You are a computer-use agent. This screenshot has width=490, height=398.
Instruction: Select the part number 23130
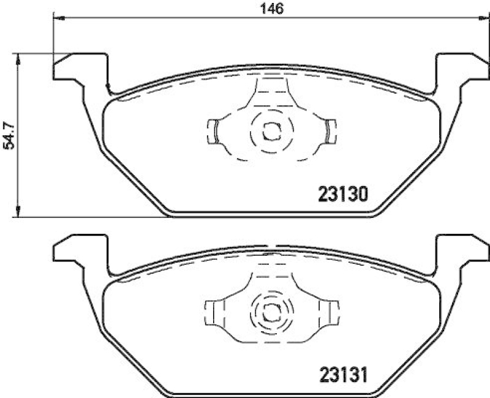342,195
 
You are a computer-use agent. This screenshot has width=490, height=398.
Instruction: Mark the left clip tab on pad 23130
214,130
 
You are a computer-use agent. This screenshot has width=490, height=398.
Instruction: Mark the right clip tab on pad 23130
330,130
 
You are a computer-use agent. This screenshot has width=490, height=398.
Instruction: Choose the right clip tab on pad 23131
331,311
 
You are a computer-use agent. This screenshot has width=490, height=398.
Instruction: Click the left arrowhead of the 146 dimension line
59,18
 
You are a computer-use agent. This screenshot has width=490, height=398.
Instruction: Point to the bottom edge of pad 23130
269,215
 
